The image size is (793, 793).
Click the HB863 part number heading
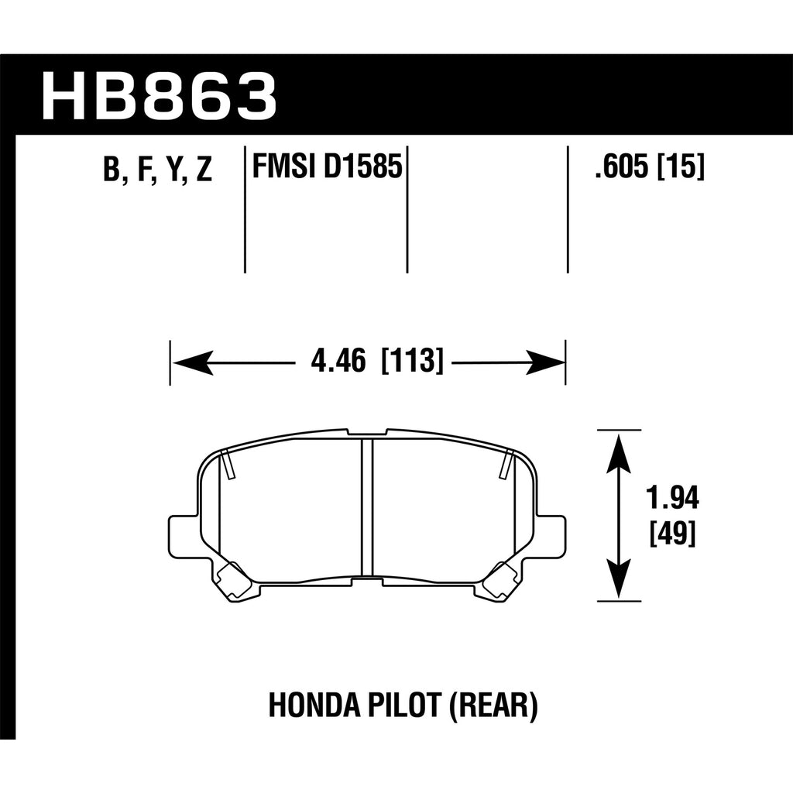click(159, 96)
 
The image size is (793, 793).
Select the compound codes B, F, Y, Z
click(157, 170)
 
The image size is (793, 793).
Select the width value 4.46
click(338, 361)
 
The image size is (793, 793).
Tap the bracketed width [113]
click(412, 361)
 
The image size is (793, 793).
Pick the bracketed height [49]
click(673, 533)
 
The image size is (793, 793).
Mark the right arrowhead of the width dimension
click(544, 362)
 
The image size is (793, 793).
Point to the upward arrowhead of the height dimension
click(619, 455)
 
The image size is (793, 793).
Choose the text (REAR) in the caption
click(493, 706)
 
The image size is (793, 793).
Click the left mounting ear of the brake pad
click(183, 534)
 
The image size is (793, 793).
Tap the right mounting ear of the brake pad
click(551, 534)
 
